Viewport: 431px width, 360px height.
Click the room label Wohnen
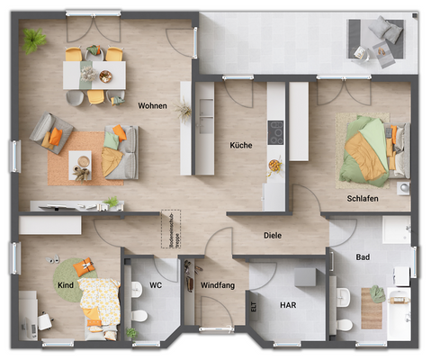pyautogui.click(x=152, y=105)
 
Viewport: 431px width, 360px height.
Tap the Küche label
pyautogui.click(x=240, y=144)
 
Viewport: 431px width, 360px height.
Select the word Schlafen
pyautogui.click(x=362, y=197)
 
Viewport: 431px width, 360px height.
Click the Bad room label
pyautogui.click(x=363, y=256)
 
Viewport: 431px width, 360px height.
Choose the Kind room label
pyautogui.click(x=64, y=285)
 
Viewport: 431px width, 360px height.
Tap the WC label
pyautogui.click(x=155, y=285)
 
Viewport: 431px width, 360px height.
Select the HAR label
pyautogui.click(x=288, y=306)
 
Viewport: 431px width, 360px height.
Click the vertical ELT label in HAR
pyautogui.click(x=254, y=308)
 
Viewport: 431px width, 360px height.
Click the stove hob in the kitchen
pyautogui.click(x=276, y=131)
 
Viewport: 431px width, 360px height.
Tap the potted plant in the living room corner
pyautogui.click(x=36, y=40)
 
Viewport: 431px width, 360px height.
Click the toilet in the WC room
pyautogui.click(x=139, y=317)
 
